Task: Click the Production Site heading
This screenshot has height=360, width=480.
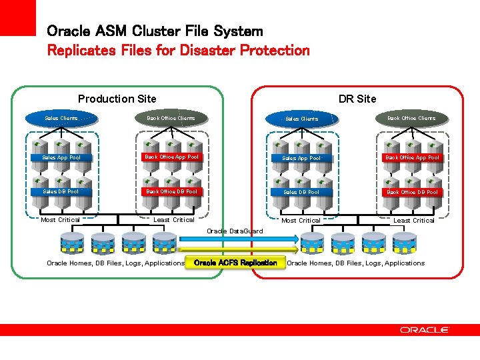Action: click(x=117, y=99)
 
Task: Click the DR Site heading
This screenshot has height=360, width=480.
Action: click(x=357, y=99)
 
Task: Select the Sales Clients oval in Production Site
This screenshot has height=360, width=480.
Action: click(x=61, y=119)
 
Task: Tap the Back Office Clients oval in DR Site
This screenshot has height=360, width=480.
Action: click(x=411, y=119)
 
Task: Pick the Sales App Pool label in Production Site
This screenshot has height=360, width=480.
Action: click(x=61, y=158)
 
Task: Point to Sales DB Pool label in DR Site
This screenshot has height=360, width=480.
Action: click(x=301, y=192)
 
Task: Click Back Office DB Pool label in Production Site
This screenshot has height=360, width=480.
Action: click(x=171, y=191)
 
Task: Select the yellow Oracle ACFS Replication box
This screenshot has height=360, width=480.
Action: click(x=235, y=263)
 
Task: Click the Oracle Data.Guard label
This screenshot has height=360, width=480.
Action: click(x=235, y=231)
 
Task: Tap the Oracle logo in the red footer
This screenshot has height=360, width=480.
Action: click(x=425, y=329)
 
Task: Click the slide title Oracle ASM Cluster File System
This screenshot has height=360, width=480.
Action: click(x=155, y=31)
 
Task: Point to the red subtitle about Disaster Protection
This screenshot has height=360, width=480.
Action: click(x=178, y=50)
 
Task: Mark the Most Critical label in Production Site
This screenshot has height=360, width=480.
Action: click(x=60, y=220)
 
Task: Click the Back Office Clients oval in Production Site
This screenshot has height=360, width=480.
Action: click(x=171, y=119)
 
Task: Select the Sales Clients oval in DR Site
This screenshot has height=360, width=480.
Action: click(x=301, y=119)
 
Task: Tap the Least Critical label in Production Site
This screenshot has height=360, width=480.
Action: click(x=174, y=220)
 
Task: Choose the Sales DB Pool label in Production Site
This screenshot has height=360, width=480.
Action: click(x=61, y=191)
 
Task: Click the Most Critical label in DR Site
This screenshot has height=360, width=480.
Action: click(x=301, y=220)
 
